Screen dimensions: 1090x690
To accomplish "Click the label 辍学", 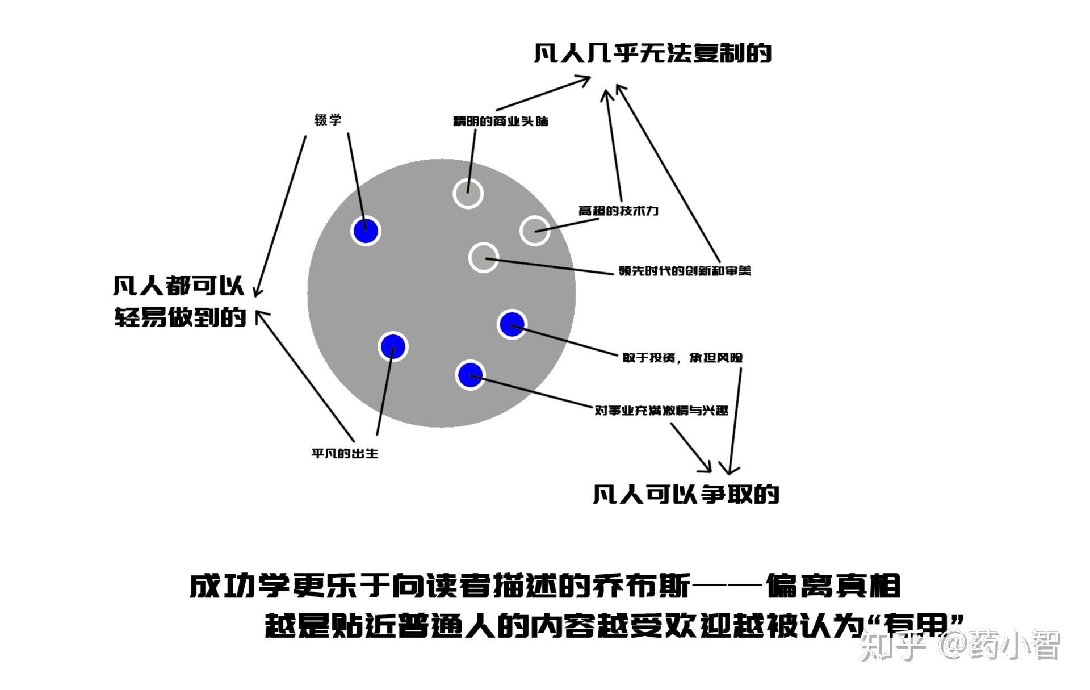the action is click(328, 120).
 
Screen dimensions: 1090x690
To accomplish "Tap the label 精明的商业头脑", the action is click(500, 121).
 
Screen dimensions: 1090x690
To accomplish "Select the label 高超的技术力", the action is click(618, 211).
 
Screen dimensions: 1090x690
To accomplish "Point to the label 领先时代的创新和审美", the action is click(685, 271).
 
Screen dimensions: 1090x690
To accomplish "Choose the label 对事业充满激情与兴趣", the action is click(661, 410).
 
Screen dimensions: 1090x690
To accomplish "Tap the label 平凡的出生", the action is click(345, 453).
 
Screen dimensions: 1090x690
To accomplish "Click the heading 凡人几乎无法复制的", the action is click(652, 53).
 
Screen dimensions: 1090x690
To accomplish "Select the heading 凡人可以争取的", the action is click(685, 494).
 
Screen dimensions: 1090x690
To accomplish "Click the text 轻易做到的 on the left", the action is click(180, 317).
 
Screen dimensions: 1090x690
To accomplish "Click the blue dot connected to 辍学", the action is click(366, 231).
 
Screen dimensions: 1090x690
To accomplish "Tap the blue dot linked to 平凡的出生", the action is click(393, 346).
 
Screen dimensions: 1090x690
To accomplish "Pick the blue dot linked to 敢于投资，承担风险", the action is click(512, 324).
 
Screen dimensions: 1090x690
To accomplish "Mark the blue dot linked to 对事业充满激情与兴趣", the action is click(469, 375).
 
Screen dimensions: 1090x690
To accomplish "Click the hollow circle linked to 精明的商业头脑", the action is click(468, 194).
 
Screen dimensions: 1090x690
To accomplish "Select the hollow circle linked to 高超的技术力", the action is click(534, 231).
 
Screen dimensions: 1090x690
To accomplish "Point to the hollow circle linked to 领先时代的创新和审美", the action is click(483, 258).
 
